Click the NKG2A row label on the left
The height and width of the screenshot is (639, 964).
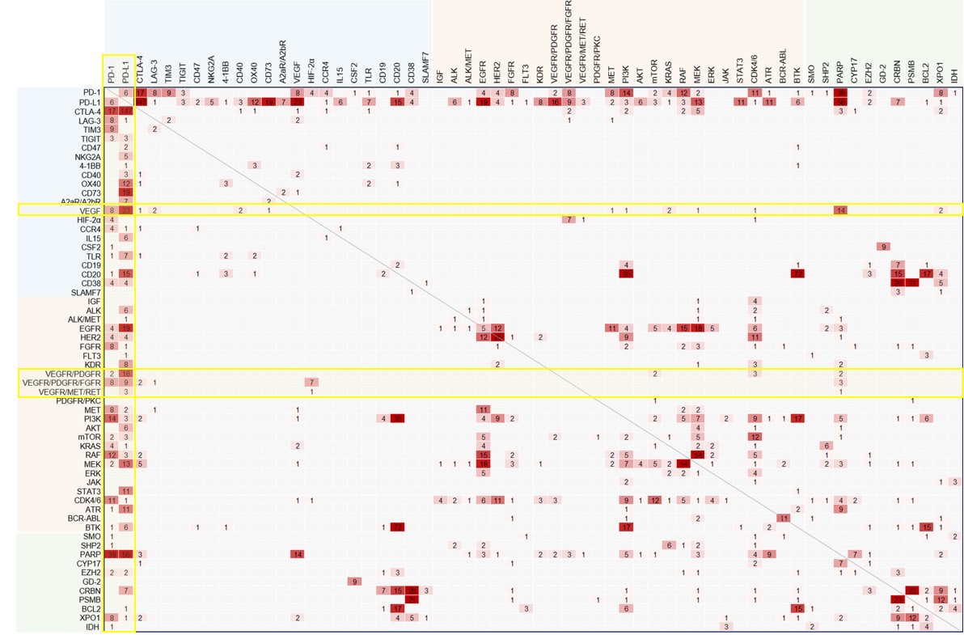[x=85, y=156]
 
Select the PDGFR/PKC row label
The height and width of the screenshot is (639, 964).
[x=78, y=400]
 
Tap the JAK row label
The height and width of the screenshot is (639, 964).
[x=91, y=482]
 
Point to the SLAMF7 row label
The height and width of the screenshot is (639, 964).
[x=84, y=291]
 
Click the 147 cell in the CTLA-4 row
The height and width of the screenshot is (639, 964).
[x=126, y=111]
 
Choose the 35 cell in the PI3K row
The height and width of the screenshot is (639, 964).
[x=397, y=418]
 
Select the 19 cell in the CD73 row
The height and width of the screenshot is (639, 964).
[x=126, y=193]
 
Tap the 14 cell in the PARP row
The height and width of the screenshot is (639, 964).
[x=297, y=554]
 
